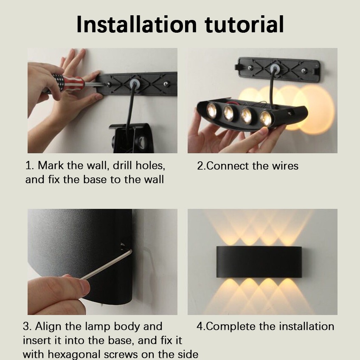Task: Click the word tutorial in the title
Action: pos(244,24)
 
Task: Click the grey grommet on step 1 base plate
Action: pos(135,83)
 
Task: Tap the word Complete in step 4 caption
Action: pos(232,326)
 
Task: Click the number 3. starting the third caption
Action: pos(27,326)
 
